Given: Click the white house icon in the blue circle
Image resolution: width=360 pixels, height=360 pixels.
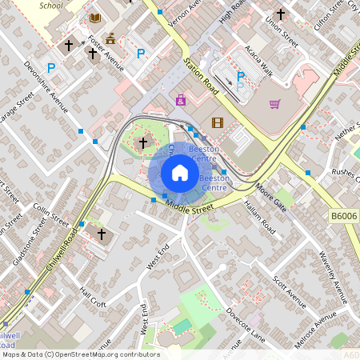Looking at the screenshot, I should pos(180,173).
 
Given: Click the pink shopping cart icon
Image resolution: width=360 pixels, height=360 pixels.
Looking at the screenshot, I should pos(275,103).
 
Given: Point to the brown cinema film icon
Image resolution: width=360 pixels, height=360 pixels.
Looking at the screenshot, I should pos(218,122).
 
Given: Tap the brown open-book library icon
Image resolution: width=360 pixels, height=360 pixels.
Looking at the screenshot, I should pos(95,18).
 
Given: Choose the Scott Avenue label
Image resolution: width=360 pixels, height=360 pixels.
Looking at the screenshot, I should pos(289,292).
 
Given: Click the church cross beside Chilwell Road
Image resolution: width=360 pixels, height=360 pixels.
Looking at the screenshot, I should pos(102,234).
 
